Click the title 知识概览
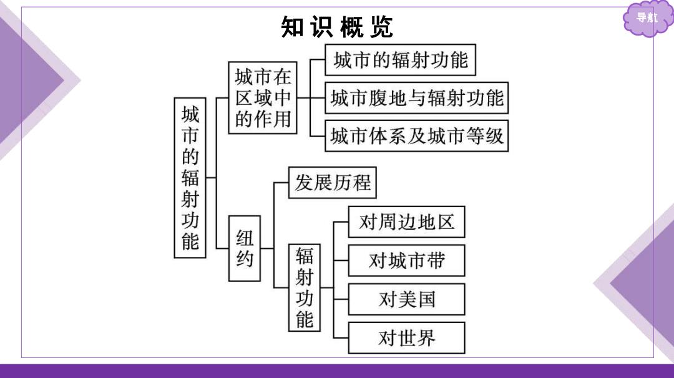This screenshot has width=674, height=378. point(337,27)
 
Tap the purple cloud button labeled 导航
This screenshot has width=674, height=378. point(647,18)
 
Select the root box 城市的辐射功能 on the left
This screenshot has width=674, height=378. point(190,178)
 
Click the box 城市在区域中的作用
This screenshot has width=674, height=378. point(263,98)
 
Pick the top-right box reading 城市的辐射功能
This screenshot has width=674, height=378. point(400,60)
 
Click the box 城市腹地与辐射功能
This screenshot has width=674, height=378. point(416,98)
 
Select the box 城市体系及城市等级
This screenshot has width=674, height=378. point(416,136)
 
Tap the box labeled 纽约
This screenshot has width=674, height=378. point(244,248)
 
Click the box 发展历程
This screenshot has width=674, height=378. point(332,183)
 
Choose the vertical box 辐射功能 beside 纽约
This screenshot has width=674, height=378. point(305,288)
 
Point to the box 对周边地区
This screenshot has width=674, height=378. point(407,222)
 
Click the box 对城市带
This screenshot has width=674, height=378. point(407,261)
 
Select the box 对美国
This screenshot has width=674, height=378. point(407,299)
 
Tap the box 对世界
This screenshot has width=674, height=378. point(407,338)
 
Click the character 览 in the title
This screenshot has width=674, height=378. point(382,27)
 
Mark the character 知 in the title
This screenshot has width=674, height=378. point(292,27)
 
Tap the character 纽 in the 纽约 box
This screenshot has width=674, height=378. point(245,238)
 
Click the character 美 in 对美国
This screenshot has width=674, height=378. point(407,299)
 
